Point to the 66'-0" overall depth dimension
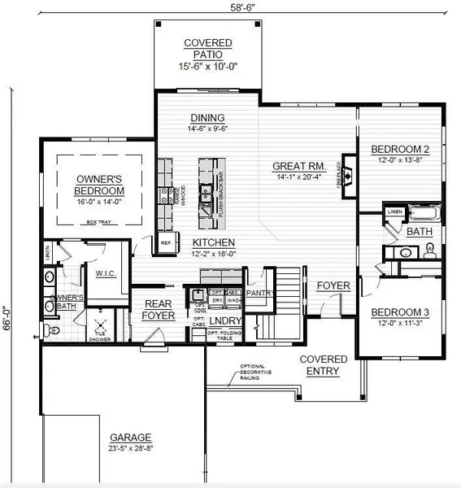(7, 312)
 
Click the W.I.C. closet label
(107, 273)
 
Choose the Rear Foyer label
(159, 309)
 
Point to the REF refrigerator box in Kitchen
(166, 242)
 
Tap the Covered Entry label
(323, 364)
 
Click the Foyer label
(333, 285)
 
